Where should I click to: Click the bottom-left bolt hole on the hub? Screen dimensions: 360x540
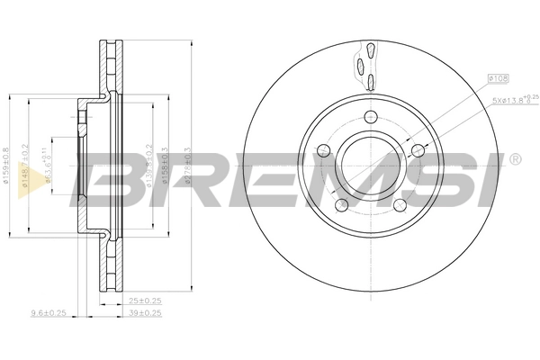tap(342, 206)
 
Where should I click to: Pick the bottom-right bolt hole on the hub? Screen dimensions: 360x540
tap(400, 206)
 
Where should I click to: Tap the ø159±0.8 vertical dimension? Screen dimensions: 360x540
tap(6, 167)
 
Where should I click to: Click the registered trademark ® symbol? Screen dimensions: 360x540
tap(514, 160)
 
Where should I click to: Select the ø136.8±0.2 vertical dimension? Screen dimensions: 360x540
tap(147, 167)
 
